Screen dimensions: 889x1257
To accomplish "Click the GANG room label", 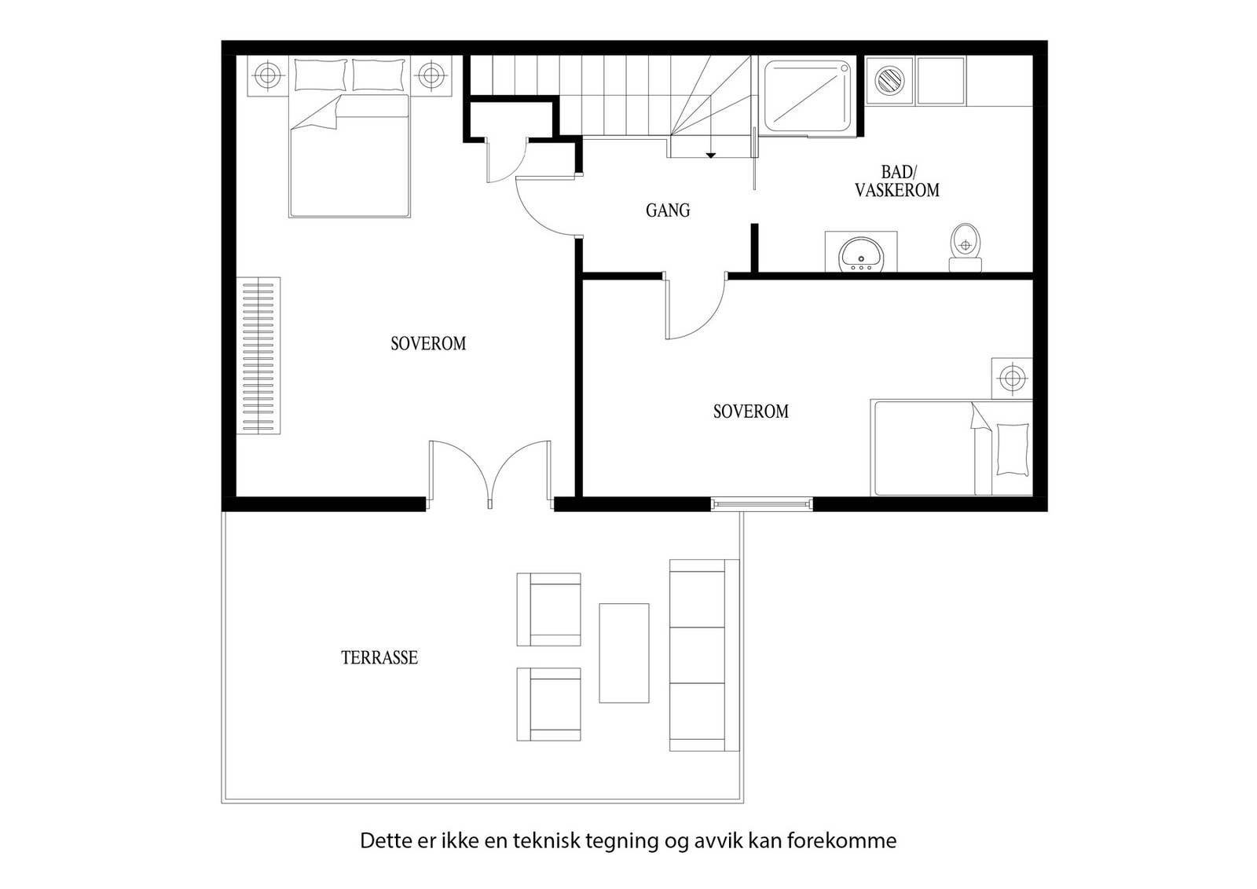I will pos(668,210).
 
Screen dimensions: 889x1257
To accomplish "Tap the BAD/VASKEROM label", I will pos(897,181).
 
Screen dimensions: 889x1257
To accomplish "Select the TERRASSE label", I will pos(379,657).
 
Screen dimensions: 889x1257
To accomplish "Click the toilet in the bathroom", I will pos(966,245).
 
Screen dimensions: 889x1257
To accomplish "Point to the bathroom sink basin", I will pos(861,254).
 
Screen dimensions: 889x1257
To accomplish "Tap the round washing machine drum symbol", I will pos(890,80).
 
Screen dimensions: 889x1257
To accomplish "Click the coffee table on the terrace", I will pos(624,653).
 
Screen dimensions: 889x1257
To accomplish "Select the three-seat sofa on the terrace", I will pos(703,655).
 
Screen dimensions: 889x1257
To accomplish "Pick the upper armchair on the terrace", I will pos(549,609).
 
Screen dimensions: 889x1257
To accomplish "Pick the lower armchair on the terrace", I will pos(549,704).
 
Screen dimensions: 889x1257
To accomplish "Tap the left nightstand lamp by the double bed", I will pos(267,76).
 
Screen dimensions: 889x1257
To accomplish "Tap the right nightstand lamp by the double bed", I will pos(430,76).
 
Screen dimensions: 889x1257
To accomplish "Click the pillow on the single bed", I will pos(1012,449).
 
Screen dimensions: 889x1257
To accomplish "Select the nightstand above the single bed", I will pos(1012,378).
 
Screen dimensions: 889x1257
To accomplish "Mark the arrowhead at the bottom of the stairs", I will pos(710,155).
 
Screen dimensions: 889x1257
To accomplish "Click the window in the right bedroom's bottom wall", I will pos(762,503).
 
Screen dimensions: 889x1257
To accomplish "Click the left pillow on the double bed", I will pos(321,75).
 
